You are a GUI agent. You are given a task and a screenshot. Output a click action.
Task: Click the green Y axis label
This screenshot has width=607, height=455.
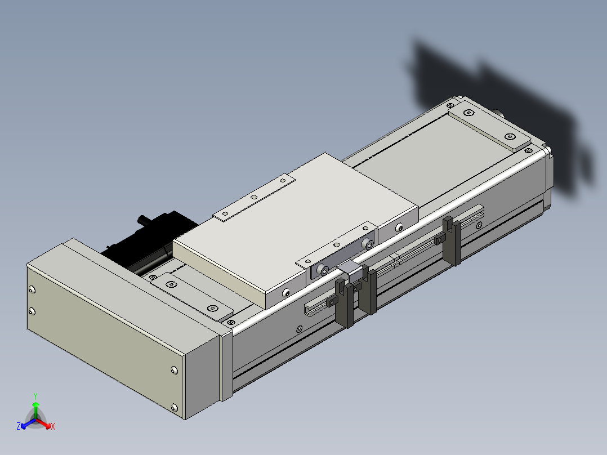[x=35, y=396]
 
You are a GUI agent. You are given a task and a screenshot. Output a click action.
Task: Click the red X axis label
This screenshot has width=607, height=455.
[x=53, y=426]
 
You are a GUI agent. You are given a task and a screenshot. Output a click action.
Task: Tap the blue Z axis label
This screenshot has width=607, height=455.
[x=19, y=426]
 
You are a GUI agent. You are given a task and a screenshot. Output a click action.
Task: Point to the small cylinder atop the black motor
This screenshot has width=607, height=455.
[x=145, y=221]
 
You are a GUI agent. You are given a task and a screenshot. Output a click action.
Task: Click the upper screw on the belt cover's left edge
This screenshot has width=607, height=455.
[x=32, y=289]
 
